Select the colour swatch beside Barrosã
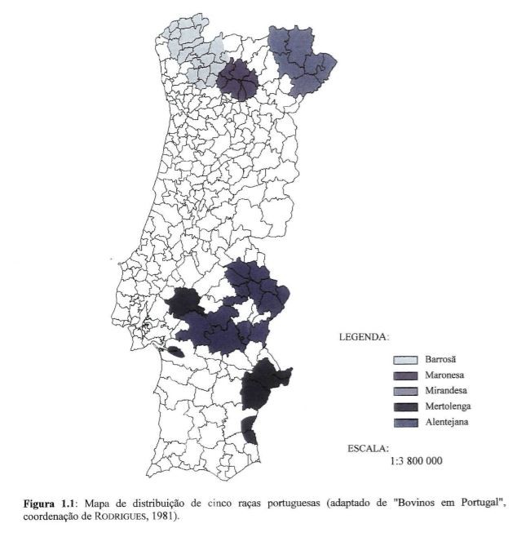[406, 360]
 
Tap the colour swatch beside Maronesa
[406, 375]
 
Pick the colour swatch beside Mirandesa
[406, 391]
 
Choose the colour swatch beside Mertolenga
[406, 406]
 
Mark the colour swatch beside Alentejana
[406, 422]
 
